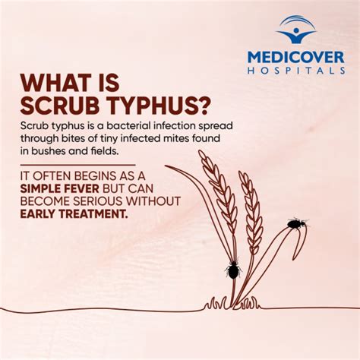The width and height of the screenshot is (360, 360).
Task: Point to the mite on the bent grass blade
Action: point(295,224)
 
